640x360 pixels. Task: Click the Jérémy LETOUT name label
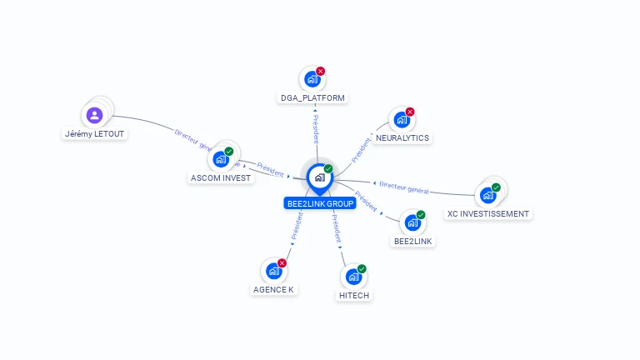(97, 133)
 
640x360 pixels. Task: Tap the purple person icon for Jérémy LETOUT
(94, 115)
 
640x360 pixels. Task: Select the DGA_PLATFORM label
(312, 97)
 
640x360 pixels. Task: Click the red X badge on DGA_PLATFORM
(321, 72)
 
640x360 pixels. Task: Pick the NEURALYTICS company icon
(401, 120)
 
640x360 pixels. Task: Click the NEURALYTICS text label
(402, 137)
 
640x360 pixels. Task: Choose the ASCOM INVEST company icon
(221, 158)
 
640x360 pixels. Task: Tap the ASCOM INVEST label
(221, 177)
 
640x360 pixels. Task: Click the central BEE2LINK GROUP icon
(320, 177)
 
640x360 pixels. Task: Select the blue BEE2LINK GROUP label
(320, 203)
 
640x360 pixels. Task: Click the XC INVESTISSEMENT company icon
(487, 195)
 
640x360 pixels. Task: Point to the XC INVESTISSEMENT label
(487, 213)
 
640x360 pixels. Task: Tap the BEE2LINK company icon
(412, 222)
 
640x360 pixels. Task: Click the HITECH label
(354, 295)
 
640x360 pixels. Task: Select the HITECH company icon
(353, 277)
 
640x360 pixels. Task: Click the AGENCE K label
(273, 289)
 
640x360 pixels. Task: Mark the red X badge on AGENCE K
(282, 263)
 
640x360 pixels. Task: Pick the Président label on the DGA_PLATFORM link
(315, 128)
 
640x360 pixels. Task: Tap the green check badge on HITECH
(362, 269)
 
